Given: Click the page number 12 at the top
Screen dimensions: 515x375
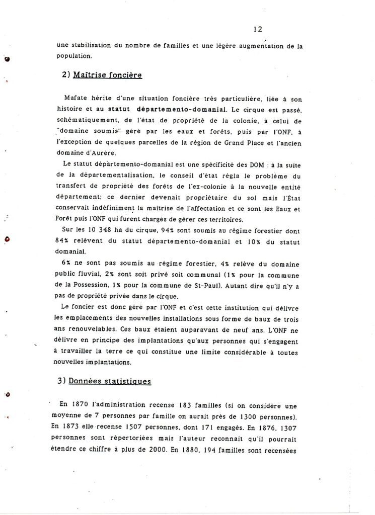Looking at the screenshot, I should pyautogui.click(x=258, y=30).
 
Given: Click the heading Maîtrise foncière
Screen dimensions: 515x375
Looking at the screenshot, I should pyautogui.click(x=107, y=75).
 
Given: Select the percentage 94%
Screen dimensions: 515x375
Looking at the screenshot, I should pyautogui.click(x=168, y=232).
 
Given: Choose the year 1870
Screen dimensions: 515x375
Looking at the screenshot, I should pyautogui.click(x=77, y=404).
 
